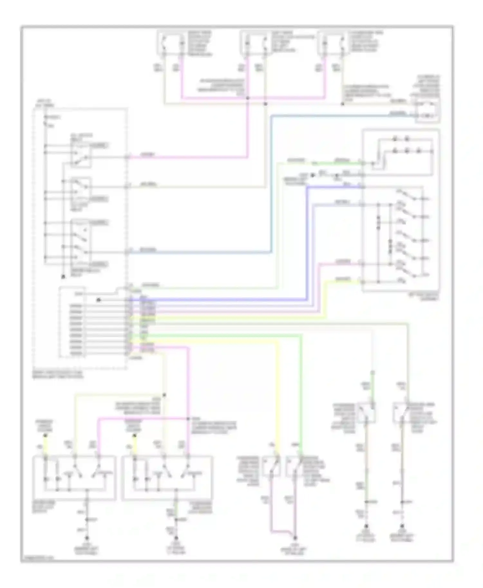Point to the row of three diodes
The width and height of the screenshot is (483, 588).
pos(406,151)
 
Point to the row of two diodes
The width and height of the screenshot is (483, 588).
pos(400,139)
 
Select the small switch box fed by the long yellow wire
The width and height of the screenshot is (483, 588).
pos(271,466)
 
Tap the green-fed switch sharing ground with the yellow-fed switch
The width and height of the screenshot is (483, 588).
pos(294,466)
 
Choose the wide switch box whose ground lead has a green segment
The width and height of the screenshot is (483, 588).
pos(167,478)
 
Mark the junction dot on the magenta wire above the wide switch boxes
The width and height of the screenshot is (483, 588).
pos(189,418)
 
